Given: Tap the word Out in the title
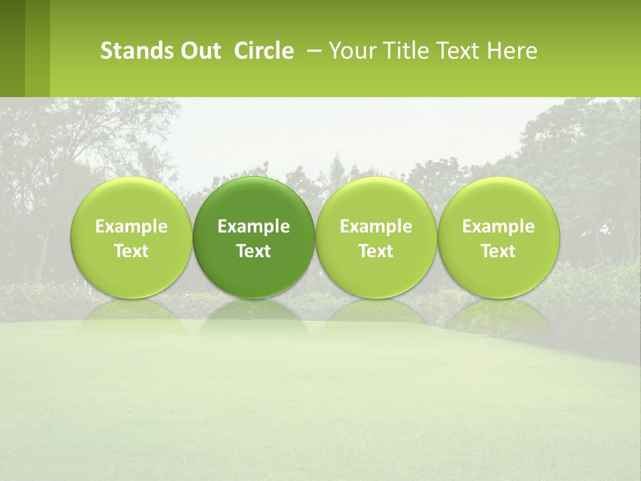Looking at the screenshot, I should pyautogui.click(x=193, y=51).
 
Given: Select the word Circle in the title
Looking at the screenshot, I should pyautogui.click(x=264, y=51).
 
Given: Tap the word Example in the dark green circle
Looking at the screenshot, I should pyautogui.click(x=254, y=226).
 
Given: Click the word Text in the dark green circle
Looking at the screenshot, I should pyautogui.click(x=254, y=251).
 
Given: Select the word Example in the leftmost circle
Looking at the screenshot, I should pyautogui.click(x=132, y=226).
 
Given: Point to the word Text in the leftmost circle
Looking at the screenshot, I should pyautogui.click(x=132, y=251).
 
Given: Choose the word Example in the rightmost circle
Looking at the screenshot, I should pyautogui.click(x=498, y=226).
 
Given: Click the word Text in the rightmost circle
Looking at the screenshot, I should pyautogui.click(x=498, y=251).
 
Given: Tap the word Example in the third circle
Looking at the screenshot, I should pyautogui.click(x=376, y=226).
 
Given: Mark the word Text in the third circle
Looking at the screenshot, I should pyautogui.click(x=376, y=251).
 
